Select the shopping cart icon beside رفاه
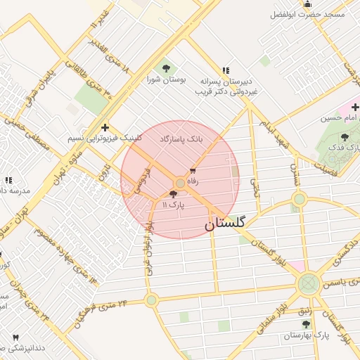click(x=193, y=171)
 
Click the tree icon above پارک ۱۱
click(x=174, y=193)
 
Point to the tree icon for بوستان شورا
click(x=166, y=68)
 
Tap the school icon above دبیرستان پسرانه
click(x=226, y=70)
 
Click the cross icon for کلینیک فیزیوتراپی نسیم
click(x=105, y=127)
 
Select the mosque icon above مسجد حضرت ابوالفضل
click(x=307, y=4)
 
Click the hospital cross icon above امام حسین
click(x=355, y=108)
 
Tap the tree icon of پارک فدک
click(x=345, y=137)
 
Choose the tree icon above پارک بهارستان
click(x=306, y=324)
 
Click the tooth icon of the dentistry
click(x=15, y=338)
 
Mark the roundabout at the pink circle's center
click(x=180, y=183)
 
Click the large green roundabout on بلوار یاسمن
click(x=308, y=284)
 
